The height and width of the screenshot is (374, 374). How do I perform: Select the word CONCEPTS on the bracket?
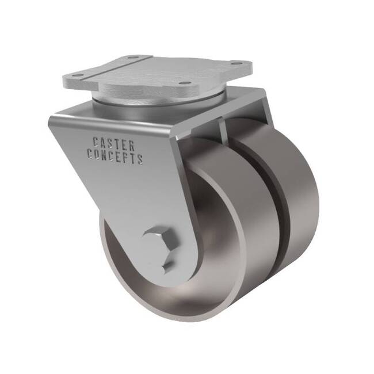[x=115, y=155]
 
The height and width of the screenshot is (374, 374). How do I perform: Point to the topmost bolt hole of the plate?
[x=132, y=58]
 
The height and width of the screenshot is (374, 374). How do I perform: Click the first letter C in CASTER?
[x=96, y=143]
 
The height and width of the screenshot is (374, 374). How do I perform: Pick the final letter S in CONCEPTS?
[x=140, y=159]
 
